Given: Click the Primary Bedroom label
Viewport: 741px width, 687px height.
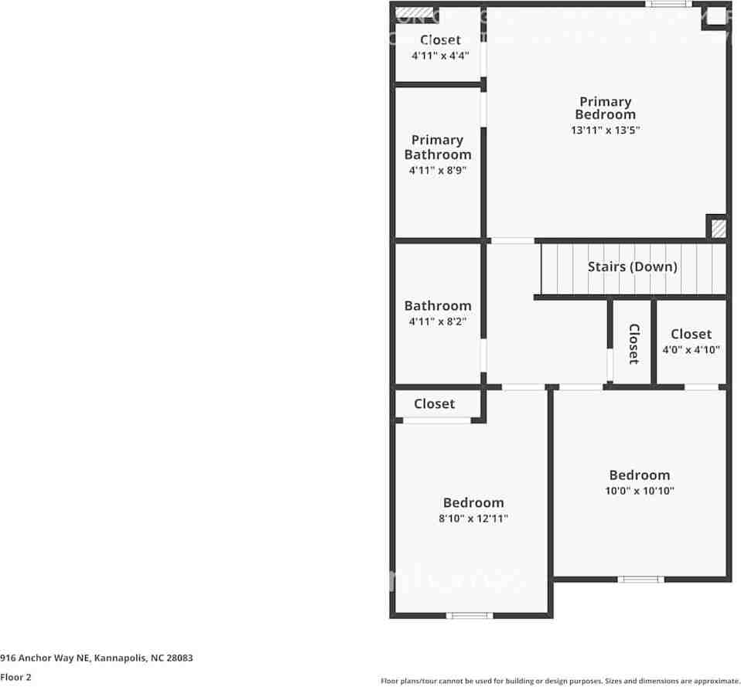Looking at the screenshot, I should click(x=606, y=108).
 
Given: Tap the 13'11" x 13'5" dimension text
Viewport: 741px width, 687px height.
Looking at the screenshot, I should click(x=606, y=131).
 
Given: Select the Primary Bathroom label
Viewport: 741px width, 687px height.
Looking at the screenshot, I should click(x=438, y=147).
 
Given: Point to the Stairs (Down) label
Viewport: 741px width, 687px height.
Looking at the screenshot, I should click(x=632, y=267).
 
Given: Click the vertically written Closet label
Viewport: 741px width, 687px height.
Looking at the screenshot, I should click(x=633, y=344).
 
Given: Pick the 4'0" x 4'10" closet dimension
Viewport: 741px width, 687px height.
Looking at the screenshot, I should click(x=691, y=350).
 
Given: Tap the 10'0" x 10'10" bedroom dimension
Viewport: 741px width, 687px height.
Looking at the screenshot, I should click(x=639, y=491).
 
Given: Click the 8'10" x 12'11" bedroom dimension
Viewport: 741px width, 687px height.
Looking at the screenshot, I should click(x=473, y=519).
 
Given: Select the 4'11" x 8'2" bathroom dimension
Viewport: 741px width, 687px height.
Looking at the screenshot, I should click(x=438, y=321).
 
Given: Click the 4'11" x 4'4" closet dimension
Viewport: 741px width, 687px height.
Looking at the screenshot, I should click(x=440, y=56).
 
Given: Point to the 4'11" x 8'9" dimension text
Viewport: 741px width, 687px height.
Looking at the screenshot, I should click(x=438, y=170).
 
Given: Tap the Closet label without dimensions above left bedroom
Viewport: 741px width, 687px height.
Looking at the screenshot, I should click(x=434, y=403).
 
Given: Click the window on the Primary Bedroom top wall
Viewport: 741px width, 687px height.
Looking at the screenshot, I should click(x=669, y=5).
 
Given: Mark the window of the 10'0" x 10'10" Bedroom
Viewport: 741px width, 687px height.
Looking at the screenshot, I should click(x=640, y=579).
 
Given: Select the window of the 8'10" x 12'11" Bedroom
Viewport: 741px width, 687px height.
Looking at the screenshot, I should click(x=470, y=616).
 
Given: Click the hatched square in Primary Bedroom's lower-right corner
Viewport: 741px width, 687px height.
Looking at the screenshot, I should click(x=718, y=229).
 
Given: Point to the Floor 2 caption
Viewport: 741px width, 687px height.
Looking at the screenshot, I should click(x=16, y=677).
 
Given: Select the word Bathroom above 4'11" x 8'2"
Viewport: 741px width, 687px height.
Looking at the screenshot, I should click(x=438, y=306).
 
